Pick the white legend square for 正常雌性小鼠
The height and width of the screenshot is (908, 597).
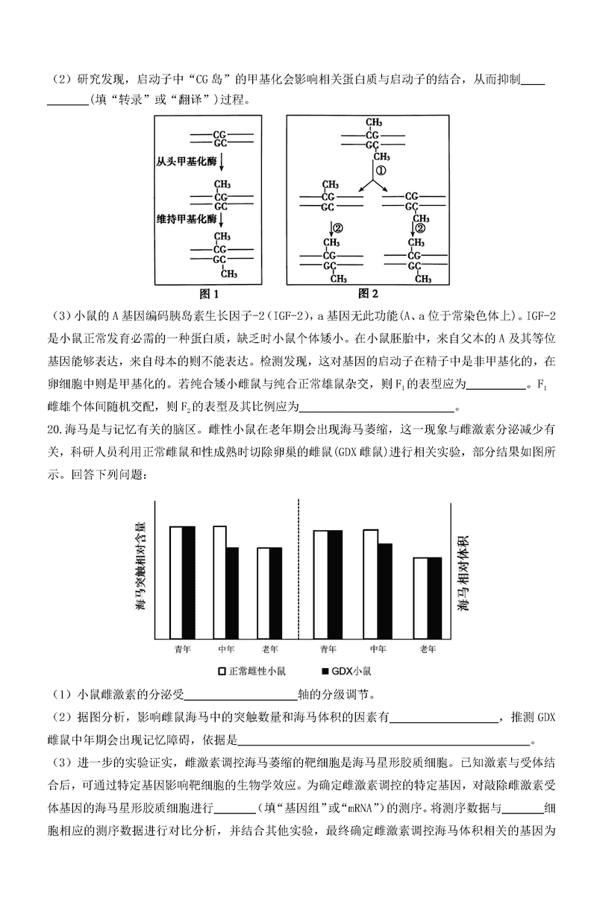click(222, 670)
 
